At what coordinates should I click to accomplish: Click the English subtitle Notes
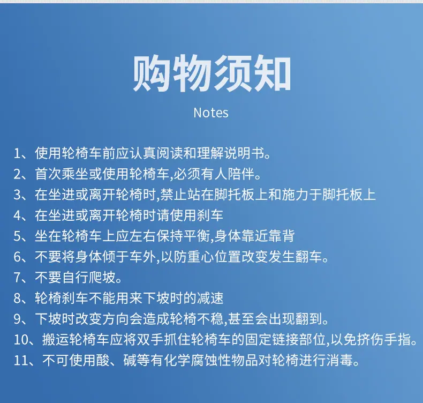(211, 113)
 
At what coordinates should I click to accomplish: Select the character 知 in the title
(271, 73)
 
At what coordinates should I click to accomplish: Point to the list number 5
(17, 236)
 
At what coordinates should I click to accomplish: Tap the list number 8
(17, 298)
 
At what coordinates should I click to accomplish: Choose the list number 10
(21, 340)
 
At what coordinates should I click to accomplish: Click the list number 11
(21, 360)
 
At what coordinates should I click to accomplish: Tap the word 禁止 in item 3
(173, 195)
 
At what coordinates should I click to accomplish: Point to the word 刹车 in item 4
(210, 215)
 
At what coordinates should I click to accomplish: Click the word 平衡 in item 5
(197, 236)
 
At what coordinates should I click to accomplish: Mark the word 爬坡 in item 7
(102, 278)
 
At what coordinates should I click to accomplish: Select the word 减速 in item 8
(210, 298)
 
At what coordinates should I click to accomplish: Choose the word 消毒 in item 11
(339, 360)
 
